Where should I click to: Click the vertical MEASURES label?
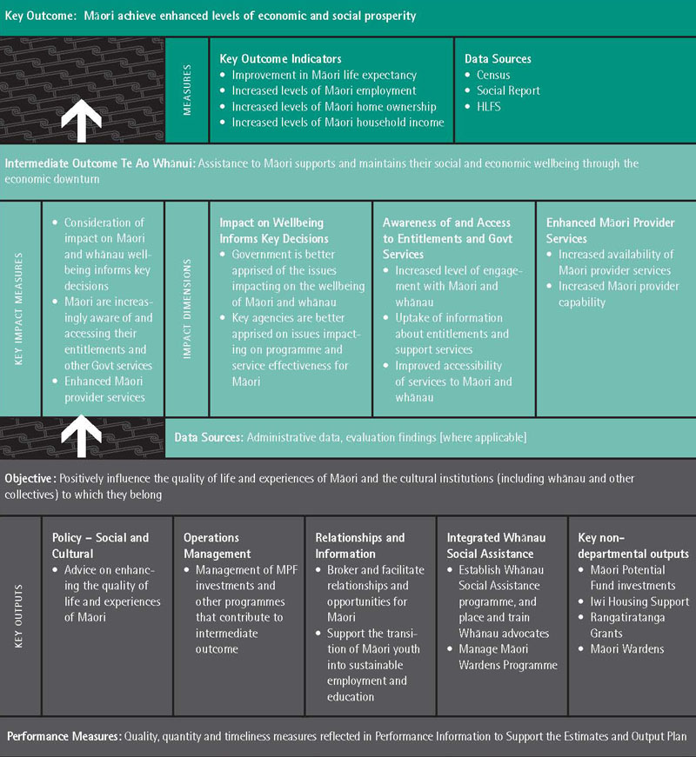click(x=187, y=90)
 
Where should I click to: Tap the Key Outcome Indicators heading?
click(x=280, y=59)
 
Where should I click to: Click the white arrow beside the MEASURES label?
click(x=81, y=121)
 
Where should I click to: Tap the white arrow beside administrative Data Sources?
click(x=81, y=436)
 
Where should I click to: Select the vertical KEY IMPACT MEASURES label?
click(x=19, y=309)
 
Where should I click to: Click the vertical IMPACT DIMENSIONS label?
click(x=187, y=309)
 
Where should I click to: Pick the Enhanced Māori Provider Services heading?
click(x=611, y=230)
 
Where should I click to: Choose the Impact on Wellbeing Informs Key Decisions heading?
click(x=274, y=230)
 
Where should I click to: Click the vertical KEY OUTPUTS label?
click(x=19, y=616)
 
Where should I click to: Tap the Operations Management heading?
click(x=217, y=546)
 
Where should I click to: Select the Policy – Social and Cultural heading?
click(x=101, y=546)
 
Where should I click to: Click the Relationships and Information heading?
click(x=360, y=546)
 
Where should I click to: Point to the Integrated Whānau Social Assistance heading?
click(x=497, y=546)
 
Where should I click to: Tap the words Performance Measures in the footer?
click(x=64, y=736)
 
